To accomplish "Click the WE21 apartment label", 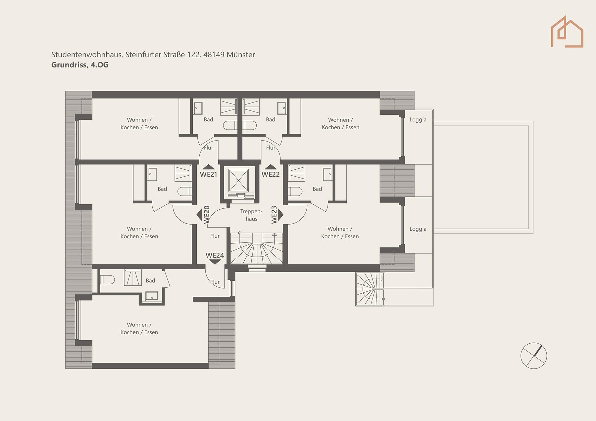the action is point(208,174).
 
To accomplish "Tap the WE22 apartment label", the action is point(271,174).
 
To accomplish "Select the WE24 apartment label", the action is point(215,255).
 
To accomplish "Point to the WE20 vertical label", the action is point(207,214).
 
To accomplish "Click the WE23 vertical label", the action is point(274,215).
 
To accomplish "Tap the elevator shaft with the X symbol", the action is point(238,181).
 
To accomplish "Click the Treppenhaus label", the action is point(251,215).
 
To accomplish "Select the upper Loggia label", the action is point(418,120).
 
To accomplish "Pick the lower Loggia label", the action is point(418,229).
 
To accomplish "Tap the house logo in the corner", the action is point(567,32).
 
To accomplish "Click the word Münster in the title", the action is point(241,55).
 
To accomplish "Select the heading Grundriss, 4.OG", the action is point(80,65).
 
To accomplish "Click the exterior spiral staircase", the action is point(370,289).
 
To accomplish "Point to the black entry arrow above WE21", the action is point(208,167).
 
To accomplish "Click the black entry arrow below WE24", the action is point(215,262).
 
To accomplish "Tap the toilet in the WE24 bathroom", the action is point(107,280).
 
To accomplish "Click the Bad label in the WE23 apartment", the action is point(317,189).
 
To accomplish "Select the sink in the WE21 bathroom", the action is point(198,108).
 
